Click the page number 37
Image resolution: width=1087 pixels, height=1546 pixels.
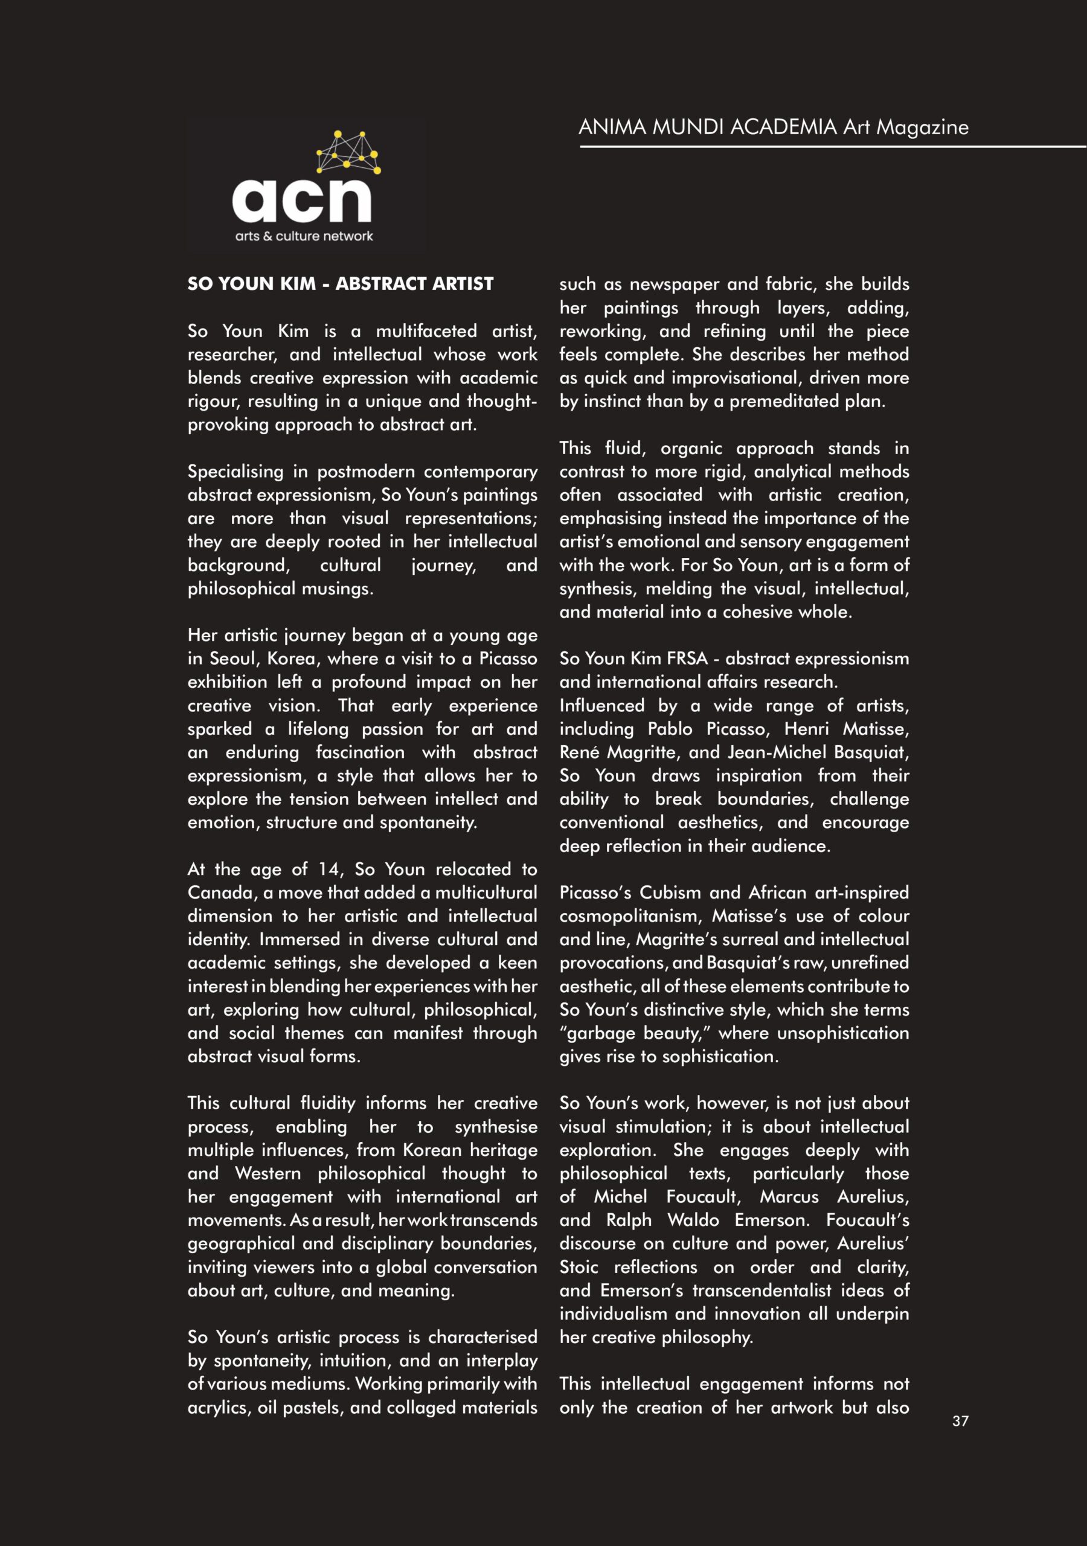(960, 1421)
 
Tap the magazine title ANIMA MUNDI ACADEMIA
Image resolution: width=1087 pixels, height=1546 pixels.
(708, 127)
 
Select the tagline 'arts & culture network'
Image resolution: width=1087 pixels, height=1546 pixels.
(304, 236)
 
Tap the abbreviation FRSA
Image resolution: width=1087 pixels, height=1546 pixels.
(686, 658)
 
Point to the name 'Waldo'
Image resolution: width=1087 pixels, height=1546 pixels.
(693, 1220)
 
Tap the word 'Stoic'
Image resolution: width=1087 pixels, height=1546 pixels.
(579, 1267)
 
